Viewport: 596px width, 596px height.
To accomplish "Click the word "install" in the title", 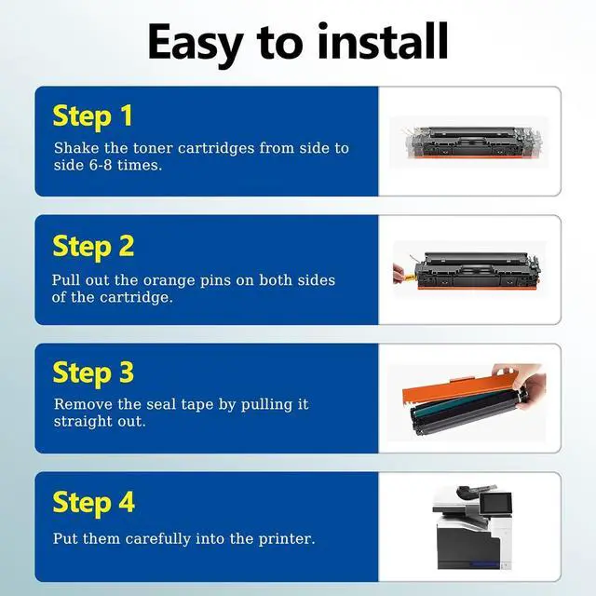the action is (383, 41).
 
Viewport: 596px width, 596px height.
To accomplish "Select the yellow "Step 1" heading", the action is (93, 116).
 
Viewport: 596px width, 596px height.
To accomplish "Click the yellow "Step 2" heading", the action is (93, 247).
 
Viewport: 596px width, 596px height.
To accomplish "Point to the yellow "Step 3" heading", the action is (93, 373).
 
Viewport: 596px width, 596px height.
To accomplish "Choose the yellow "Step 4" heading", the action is (94, 503).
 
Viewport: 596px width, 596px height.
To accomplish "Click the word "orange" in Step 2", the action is (168, 281).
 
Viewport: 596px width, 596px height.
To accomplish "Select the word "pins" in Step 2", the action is (215, 281).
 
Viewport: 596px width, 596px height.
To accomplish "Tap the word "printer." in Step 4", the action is (287, 539).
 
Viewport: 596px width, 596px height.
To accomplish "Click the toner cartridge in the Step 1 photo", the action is (472, 142).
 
